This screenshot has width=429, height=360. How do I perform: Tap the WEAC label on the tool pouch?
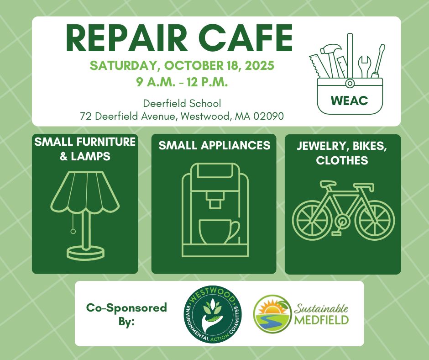point(350,101)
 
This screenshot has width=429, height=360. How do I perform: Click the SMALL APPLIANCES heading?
point(214,145)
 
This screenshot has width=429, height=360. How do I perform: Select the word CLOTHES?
point(342,161)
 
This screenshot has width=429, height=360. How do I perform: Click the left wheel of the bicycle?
point(313,215)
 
